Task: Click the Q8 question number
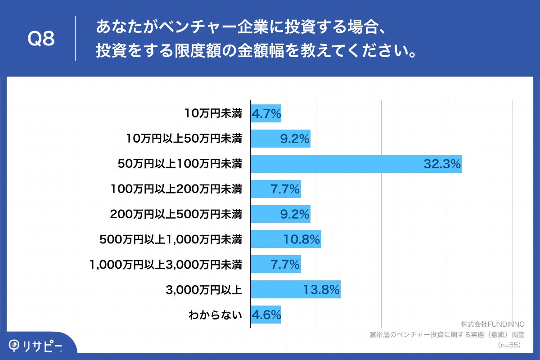[41, 39]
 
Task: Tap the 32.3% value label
[442, 164]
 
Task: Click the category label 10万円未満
[213, 113]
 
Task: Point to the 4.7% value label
[266, 113]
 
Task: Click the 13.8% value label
[320, 290]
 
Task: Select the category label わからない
[215, 315]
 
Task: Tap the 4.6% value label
[265, 315]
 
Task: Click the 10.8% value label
[301, 240]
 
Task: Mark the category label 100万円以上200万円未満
[176, 189]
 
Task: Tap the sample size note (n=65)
[509, 345]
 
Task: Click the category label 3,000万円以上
[204, 290]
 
